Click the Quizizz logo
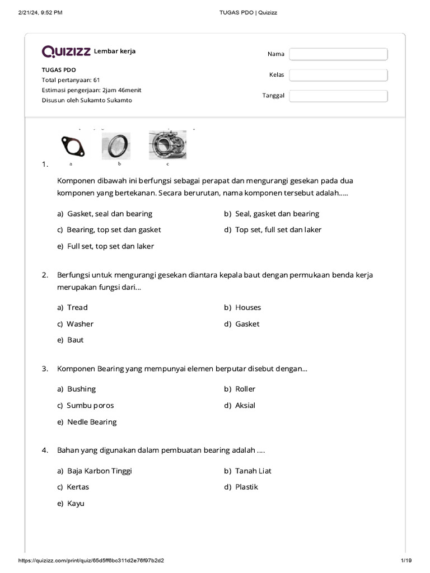click(66, 51)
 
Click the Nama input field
click(338, 54)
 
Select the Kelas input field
click(338, 75)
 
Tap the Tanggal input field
click(338, 96)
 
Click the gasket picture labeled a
click(72, 146)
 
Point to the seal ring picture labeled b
click(116, 146)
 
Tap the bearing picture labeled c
click(167, 145)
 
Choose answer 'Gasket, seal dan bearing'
click(109, 214)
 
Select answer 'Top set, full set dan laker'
click(278, 229)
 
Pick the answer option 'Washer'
click(80, 324)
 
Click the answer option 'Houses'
click(247, 307)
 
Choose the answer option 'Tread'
click(77, 307)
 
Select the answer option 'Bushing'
click(81, 389)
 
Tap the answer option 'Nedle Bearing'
click(92, 422)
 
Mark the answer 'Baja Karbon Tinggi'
click(99, 471)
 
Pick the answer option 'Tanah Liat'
click(253, 471)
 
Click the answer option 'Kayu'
click(76, 504)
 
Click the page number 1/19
click(406, 561)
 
